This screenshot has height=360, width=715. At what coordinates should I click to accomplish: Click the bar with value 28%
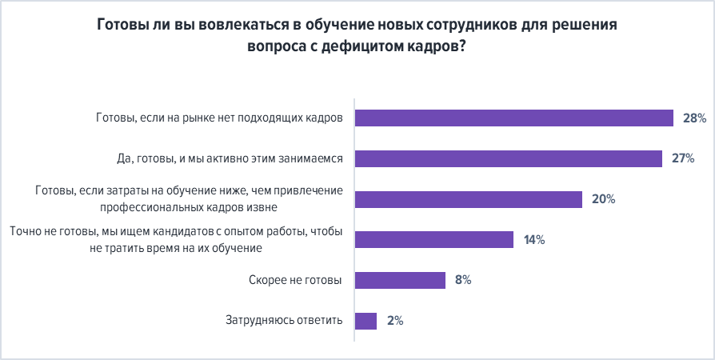tap(513, 118)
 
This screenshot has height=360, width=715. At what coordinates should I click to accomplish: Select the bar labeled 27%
tap(508, 158)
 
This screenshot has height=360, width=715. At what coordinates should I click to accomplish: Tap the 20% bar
tap(468, 199)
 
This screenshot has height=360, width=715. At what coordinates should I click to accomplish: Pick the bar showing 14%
tap(433, 239)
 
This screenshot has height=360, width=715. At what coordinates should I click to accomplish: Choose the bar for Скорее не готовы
tap(399, 280)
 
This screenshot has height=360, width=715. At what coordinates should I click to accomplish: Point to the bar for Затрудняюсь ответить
tap(365, 321)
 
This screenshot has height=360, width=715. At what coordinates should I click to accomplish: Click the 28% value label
tap(694, 118)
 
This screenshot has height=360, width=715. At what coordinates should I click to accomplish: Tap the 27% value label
tap(682, 158)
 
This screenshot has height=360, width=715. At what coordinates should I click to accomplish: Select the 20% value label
tap(603, 199)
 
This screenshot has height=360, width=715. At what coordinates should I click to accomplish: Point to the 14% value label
tap(534, 239)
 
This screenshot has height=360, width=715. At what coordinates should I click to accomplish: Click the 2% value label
tap(394, 321)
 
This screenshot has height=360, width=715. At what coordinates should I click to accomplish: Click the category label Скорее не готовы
tap(296, 280)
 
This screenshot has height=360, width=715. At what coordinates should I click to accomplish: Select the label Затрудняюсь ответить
tap(284, 321)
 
